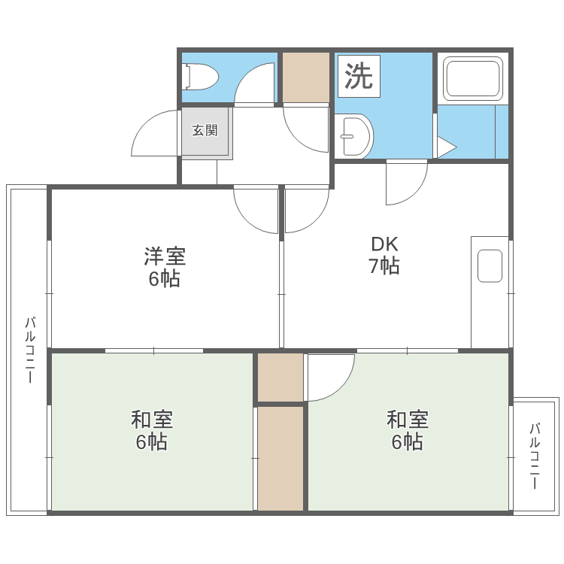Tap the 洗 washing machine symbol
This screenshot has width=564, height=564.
pyautogui.click(x=359, y=76)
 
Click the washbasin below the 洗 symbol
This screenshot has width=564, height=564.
pyautogui.click(x=353, y=135)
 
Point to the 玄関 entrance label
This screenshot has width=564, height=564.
pyautogui.click(x=205, y=131)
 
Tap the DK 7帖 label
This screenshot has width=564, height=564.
pyautogui.click(x=384, y=255)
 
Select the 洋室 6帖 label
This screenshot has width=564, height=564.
pyautogui.click(x=164, y=267)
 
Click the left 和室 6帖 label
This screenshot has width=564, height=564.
pyautogui.click(x=151, y=430)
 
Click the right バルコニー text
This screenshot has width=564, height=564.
pyautogui.click(x=535, y=456)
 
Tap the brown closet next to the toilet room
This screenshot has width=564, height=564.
pyautogui.click(x=306, y=77)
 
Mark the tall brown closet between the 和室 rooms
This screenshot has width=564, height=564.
pyautogui.click(x=280, y=458)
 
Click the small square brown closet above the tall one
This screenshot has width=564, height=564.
pyautogui.click(x=280, y=377)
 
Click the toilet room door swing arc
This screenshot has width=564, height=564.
pyautogui.click(x=254, y=84)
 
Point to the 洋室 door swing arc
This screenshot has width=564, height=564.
pyautogui.click(x=256, y=210)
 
